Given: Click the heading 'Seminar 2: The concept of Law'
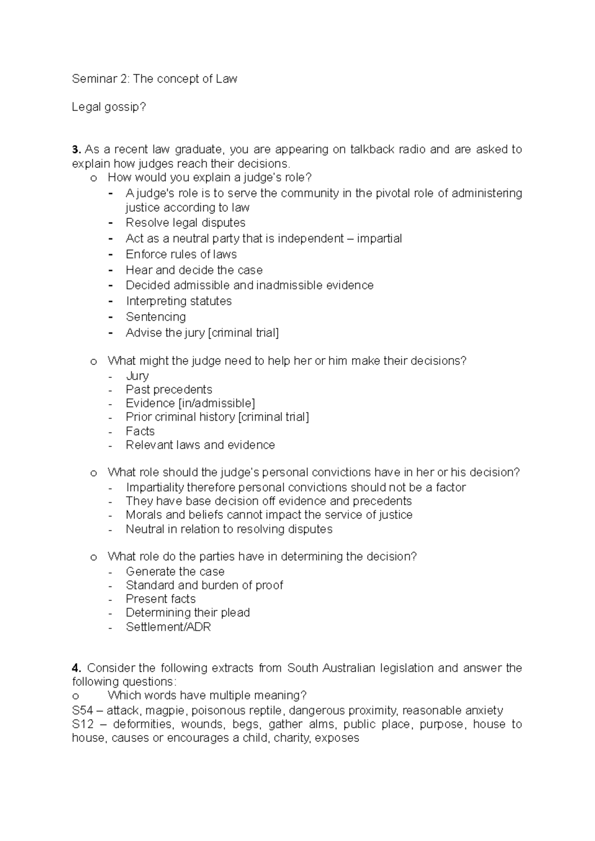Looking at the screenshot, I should pos(154,79).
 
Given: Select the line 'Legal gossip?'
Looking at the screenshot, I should pos(109,107).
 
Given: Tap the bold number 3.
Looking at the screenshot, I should pos(75,150).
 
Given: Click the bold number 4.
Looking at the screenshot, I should pos(75,668).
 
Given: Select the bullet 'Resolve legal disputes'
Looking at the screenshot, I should pos(185,223).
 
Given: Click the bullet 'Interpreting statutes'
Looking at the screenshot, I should pos(178,301).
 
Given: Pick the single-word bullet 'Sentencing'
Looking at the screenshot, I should pos(156,317).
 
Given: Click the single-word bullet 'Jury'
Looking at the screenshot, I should pos(137,376).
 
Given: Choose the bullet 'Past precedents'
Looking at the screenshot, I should pos(169,390).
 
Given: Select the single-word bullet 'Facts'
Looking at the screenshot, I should pos(140,431).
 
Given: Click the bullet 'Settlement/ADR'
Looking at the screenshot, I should pos(168,627).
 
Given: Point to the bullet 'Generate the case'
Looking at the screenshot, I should pos(175,572).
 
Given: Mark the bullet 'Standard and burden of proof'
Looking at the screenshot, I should pos(204,585).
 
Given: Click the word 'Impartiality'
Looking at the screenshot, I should pos(155,487).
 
